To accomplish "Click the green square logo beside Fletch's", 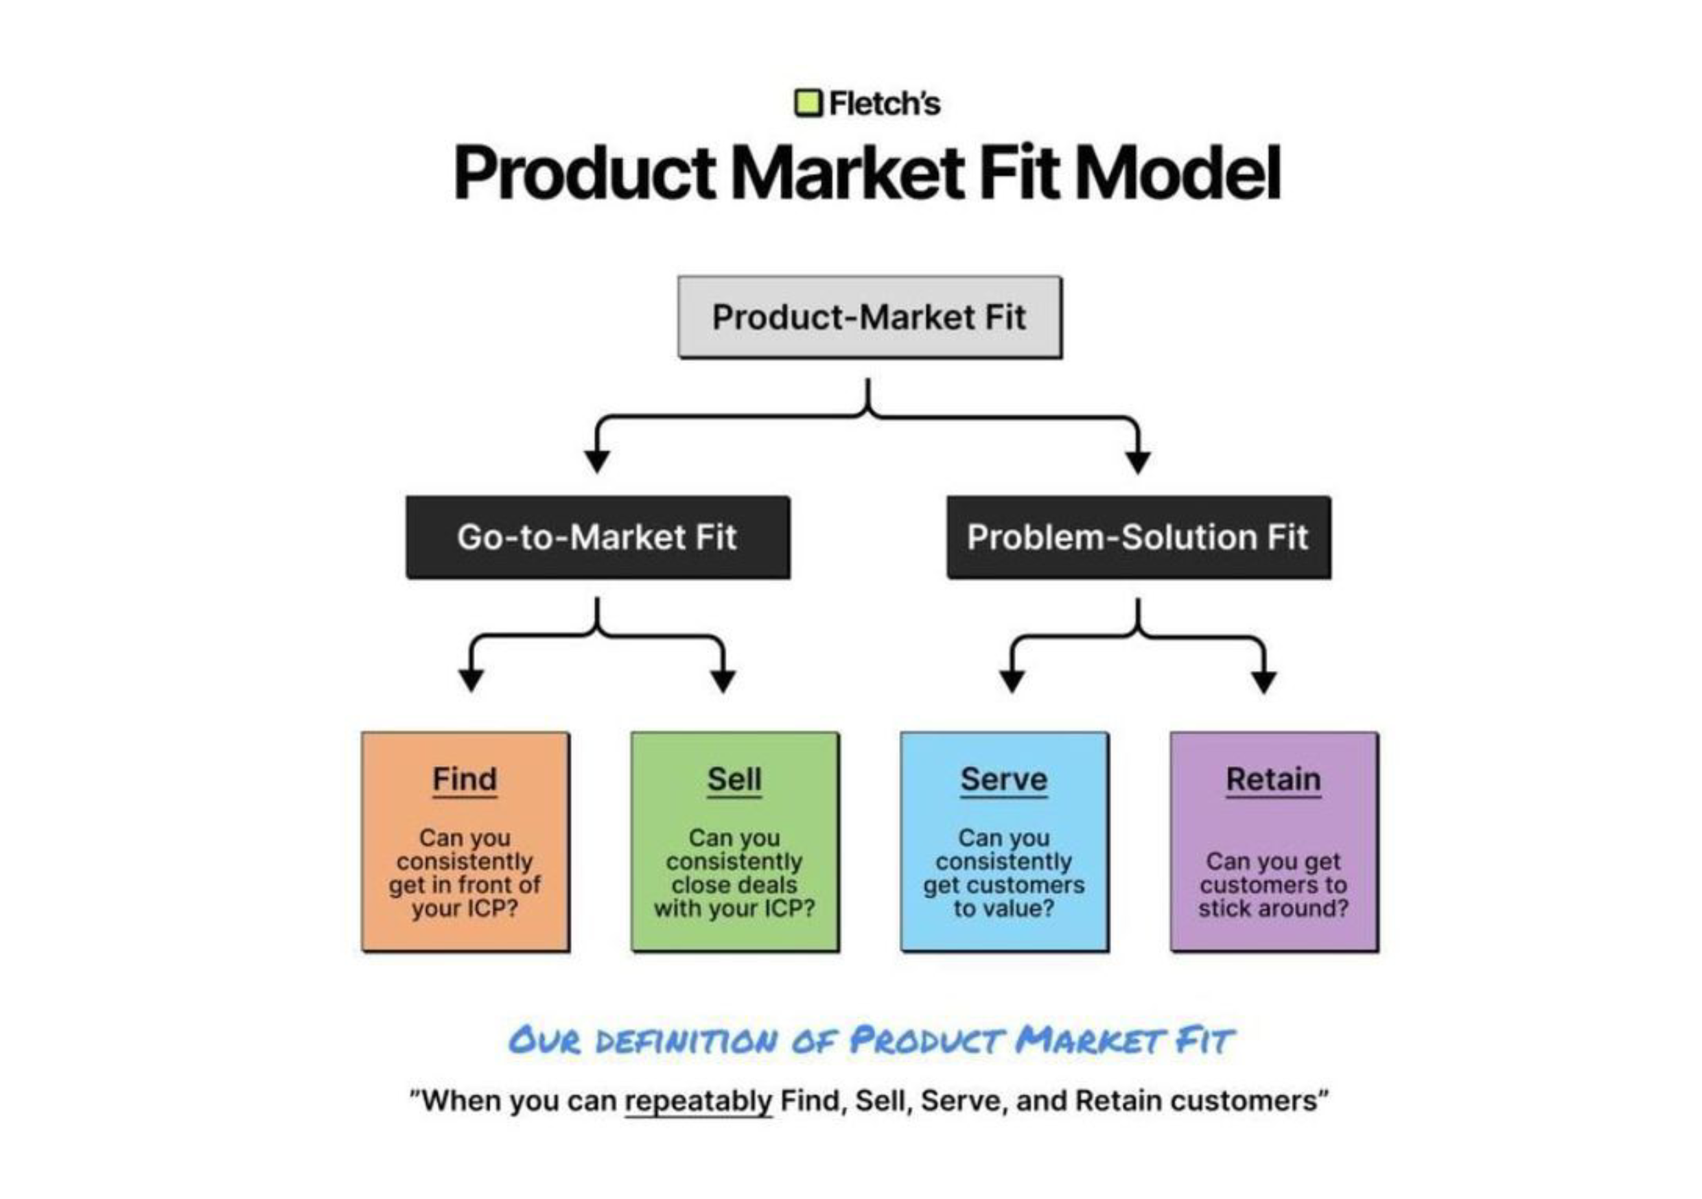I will pos(808,103).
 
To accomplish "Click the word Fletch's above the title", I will pos(885,103).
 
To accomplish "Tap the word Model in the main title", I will pos(1177,173).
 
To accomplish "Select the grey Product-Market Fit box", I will pos(869,317).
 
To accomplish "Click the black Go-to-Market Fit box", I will pos(598,537).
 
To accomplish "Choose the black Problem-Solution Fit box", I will pos(1138,537).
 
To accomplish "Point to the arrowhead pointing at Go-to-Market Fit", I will pos(597,461).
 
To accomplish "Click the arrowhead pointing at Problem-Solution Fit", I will pos(1138,461).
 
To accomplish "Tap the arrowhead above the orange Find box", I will pos(471,680).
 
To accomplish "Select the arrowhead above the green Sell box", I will pos(723,680).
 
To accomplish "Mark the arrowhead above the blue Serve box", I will pos(1012,680).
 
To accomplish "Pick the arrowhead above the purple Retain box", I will pos(1264,680).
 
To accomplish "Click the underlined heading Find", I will pos(465,780).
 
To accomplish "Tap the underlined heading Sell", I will pos(734,780).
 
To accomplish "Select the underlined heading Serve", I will pos(1004,780).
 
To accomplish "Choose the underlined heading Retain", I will pos(1274,780).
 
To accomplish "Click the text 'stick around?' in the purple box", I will pos(1274,909).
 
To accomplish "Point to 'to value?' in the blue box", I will pos(1004,909).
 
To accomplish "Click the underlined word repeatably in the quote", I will pos(698,1101).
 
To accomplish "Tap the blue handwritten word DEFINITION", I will pos(686,1041).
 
